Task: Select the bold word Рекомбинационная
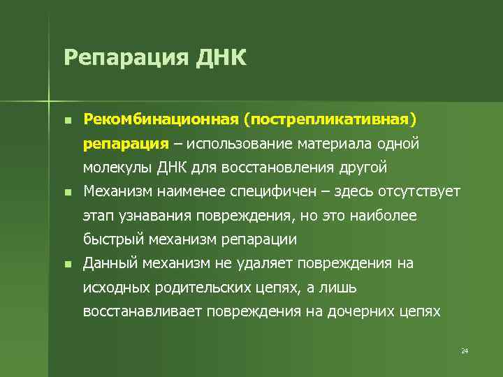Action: pyautogui.click(x=160, y=119)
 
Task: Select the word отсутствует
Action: pyautogui.click(x=418, y=191)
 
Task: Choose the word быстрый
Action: pyautogui.click(x=113, y=239)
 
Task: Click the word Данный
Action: pyautogui.click(x=110, y=263)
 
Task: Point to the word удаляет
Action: pyautogui.click(x=270, y=263)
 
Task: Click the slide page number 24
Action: pyautogui.click(x=464, y=350)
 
